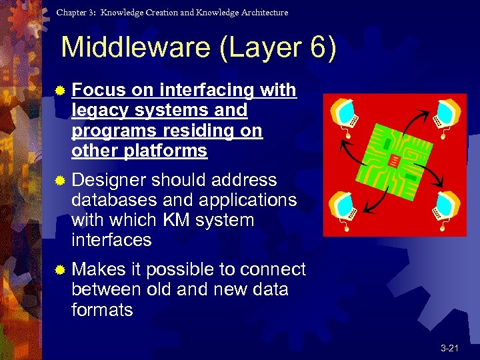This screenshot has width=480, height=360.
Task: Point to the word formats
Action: (x=101, y=310)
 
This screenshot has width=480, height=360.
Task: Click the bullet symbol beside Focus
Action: (x=61, y=91)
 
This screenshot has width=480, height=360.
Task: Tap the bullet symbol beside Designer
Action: (x=61, y=181)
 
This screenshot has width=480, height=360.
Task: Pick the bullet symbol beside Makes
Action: (x=61, y=270)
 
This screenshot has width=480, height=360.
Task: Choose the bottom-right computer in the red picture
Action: (x=447, y=206)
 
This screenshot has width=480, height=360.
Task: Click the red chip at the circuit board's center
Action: (x=396, y=160)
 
